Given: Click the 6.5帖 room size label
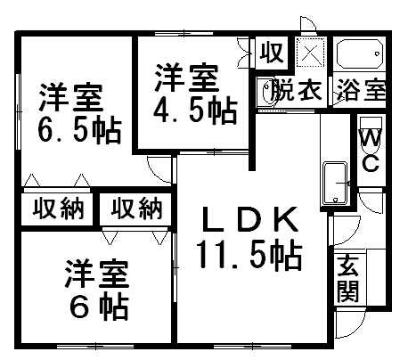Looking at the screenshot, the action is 79,131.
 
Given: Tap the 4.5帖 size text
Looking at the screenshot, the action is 195,111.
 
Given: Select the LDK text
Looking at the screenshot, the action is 249,219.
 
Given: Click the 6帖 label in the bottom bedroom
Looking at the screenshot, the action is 99,307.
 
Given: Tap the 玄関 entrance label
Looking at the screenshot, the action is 348,278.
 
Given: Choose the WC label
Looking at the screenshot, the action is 371,151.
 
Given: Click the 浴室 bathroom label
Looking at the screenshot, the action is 361,89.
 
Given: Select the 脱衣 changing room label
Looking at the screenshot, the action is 297,89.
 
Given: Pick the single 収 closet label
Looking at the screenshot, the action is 272,53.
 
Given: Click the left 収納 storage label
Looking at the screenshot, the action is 58,209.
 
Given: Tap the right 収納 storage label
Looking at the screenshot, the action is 136,209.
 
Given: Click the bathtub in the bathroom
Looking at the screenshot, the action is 359,53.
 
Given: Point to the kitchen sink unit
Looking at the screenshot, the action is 335,183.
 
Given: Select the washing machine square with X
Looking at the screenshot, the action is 311,53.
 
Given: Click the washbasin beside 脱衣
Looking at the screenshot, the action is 265,92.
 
